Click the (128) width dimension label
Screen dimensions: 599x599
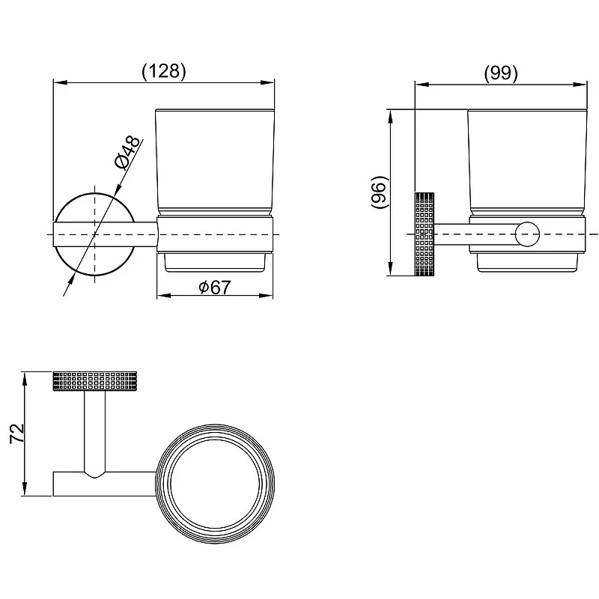pyautogui.click(x=164, y=71)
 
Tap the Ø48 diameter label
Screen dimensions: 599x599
pyautogui.click(x=128, y=153)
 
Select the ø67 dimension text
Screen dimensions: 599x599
pyautogui.click(x=215, y=287)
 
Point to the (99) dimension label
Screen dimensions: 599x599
pyautogui.click(x=501, y=73)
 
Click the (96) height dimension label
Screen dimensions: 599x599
pyautogui.click(x=380, y=192)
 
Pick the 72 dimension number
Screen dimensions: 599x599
pyautogui.click(x=16, y=434)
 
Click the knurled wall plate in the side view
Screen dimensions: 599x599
pyautogui.click(x=425, y=234)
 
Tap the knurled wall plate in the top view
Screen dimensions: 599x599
pyautogui.click(x=95, y=380)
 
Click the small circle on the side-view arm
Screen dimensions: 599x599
pyautogui.click(x=527, y=234)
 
